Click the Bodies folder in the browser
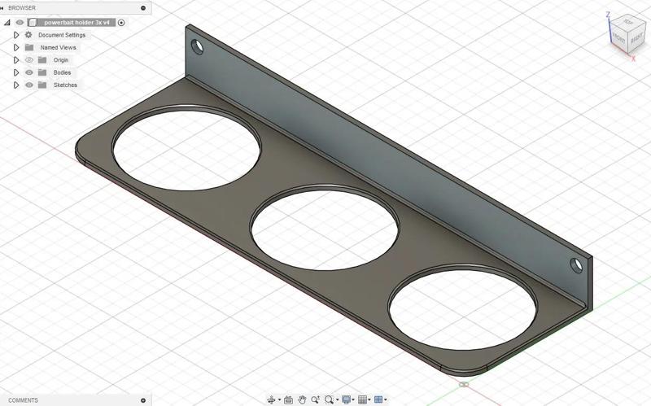[62, 72]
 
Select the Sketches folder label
[65, 85]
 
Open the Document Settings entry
[62, 35]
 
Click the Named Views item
[58, 47]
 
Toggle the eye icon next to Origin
[29, 60]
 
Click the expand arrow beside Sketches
[16, 85]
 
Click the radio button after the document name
[121, 23]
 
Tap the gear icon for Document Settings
[28, 35]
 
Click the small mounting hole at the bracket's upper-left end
[196, 46]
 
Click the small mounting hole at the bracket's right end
[576, 264]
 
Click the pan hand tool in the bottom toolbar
[303, 399]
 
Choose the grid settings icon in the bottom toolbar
[363, 399]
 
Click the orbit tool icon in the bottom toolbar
[272, 399]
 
